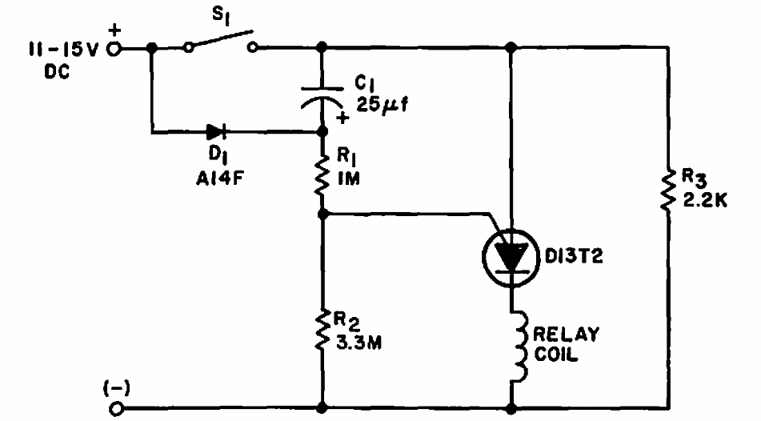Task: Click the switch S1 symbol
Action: click(x=220, y=42)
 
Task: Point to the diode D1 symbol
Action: click(x=215, y=130)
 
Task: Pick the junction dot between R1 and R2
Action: click(x=322, y=214)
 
